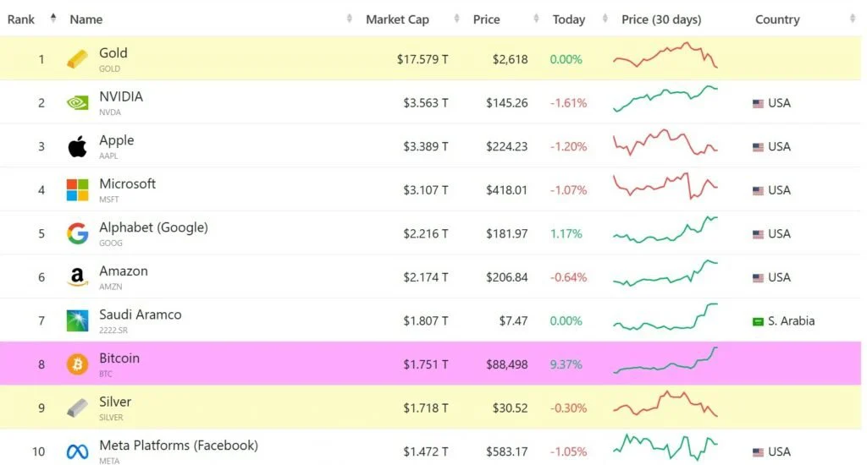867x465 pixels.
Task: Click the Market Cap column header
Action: coord(397,19)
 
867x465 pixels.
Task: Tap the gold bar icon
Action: coord(77,59)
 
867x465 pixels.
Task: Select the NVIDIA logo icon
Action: coord(77,103)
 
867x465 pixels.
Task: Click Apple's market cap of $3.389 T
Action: coord(425,146)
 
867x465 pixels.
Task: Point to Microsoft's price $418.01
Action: coord(506,190)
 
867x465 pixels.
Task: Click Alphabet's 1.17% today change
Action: coord(566,233)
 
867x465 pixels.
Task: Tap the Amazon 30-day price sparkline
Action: coord(665,272)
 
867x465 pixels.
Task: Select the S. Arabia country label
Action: coord(791,321)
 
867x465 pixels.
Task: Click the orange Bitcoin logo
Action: coord(77,364)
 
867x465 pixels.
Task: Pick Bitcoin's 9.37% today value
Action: coord(566,364)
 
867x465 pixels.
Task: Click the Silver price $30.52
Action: coord(510,408)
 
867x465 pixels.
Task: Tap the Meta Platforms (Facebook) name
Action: coord(179,445)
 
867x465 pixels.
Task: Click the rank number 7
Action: coord(41,321)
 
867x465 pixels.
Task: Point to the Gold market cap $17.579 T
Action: coord(422,59)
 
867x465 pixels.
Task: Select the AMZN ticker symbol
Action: coord(110,287)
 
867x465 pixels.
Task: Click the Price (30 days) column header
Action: coord(661,19)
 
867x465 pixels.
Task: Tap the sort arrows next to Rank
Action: coord(53,19)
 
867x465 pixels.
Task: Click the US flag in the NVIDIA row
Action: coord(758,103)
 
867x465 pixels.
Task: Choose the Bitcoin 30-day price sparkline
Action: coord(665,362)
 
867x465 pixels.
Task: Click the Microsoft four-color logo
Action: coord(77,190)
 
